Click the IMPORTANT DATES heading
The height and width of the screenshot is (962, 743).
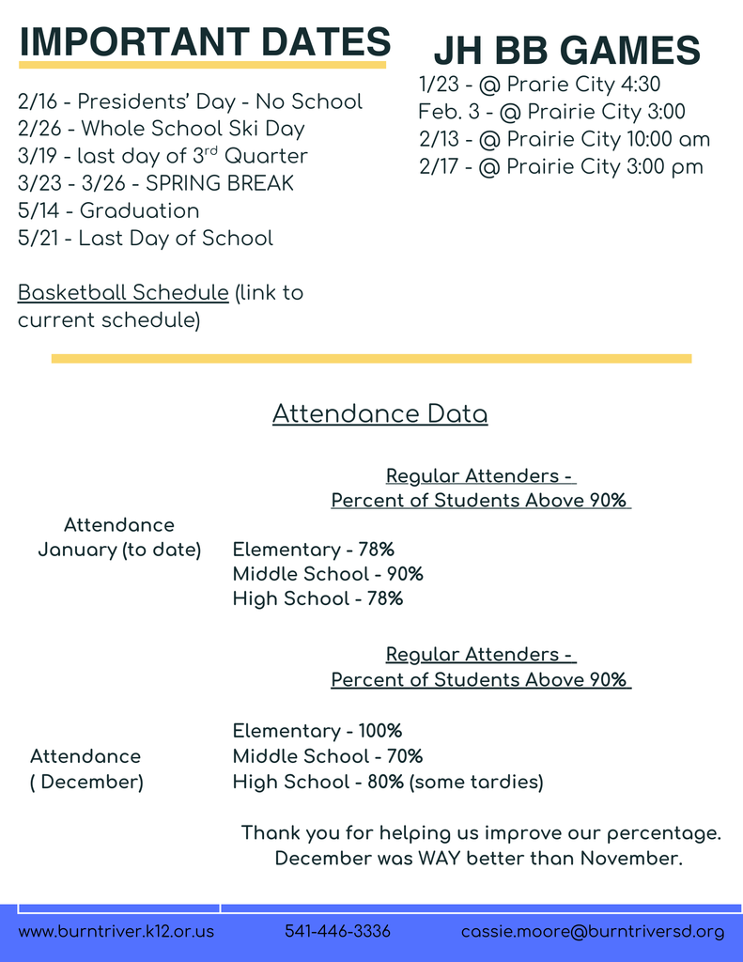(x=205, y=41)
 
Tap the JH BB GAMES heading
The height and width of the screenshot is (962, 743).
(x=566, y=50)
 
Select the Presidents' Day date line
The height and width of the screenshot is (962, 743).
(x=190, y=101)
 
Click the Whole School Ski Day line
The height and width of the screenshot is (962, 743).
(x=161, y=129)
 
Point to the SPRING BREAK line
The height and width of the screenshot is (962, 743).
(x=155, y=183)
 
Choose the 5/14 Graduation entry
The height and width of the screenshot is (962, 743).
(x=108, y=210)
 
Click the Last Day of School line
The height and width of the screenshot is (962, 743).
(x=145, y=239)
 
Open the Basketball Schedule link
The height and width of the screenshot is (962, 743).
(x=123, y=293)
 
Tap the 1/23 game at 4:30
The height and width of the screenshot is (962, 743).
(x=539, y=85)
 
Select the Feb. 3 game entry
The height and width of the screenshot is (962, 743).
(x=551, y=112)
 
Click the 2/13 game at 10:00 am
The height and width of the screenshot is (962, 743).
(x=564, y=140)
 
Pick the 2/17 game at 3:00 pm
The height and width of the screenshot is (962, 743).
(x=561, y=167)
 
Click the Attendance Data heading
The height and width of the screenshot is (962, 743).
(x=379, y=414)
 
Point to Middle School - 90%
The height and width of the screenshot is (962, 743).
(x=328, y=574)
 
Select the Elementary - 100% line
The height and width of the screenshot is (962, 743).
(x=317, y=731)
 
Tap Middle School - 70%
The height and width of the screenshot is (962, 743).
(x=328, y=756)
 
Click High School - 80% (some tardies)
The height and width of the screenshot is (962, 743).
(x=388, y=782)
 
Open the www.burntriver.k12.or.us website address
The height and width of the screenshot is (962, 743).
(x=116, y=932)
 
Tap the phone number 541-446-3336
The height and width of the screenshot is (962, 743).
(x=337, y=932)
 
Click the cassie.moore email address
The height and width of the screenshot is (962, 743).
(x=593, y=932)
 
